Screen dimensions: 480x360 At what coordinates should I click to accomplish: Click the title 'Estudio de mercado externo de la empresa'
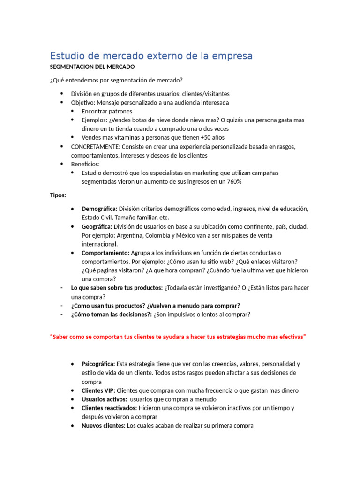click(151, 56)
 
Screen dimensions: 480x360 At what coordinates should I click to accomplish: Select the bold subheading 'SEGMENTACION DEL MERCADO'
click(92, 67)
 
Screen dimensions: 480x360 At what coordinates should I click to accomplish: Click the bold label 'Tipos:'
click(58, 195)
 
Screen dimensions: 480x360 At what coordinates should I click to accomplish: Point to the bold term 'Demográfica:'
click(99, 209)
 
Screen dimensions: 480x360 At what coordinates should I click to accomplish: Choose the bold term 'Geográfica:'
click(97, 226)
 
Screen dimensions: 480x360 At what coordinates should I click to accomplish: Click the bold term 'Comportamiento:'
click(105, 253)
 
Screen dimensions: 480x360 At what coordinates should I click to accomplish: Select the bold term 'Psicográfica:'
click(98, 364)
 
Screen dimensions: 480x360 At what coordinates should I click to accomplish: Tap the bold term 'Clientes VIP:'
click(98, 390)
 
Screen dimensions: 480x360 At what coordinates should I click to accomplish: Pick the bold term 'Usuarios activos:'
click(104, 399)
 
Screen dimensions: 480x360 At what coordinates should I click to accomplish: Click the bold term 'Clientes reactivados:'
click(109, 408)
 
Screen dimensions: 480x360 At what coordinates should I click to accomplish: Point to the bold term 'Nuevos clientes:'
click(104, 426)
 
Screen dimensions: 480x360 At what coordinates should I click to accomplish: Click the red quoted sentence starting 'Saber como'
click(178, 337)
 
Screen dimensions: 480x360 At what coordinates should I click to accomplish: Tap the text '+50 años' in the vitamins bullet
click(212, 137)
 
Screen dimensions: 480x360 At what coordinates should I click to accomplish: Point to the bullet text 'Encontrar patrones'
click(107, 111)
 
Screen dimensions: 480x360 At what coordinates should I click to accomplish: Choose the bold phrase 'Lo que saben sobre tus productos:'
click(117, 288)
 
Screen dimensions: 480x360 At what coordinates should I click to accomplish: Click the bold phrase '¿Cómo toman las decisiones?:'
click(111, 315)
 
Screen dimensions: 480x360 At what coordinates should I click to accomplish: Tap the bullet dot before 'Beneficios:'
click(62, 164)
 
